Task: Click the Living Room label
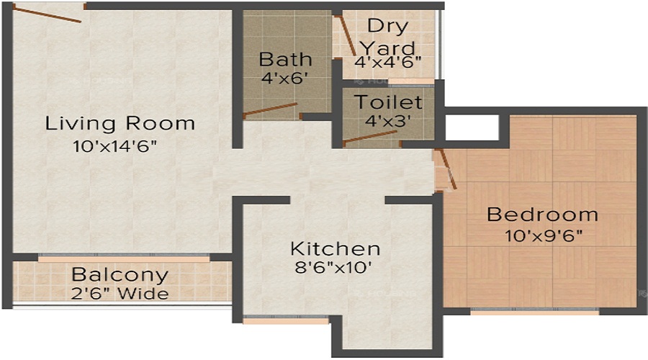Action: click(120, 123)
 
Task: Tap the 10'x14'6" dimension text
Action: click(115, 147)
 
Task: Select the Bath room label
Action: click(286, 58)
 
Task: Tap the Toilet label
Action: click(387, 102)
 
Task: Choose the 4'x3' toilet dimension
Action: click(387, 121)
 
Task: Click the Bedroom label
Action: click(542, 215)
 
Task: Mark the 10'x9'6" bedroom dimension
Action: click(545, 235)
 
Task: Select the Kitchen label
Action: click(335, 249)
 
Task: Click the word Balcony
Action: click(120, 275)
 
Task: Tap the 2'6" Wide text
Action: click(120, 294)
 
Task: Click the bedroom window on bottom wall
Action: click(534, 312)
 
